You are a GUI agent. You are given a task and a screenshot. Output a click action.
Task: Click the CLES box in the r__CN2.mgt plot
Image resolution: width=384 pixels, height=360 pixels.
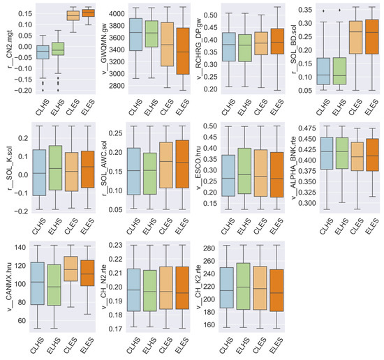(72, 15)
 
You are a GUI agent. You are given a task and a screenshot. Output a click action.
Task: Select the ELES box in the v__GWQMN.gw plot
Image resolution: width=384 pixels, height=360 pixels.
(182, 51)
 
